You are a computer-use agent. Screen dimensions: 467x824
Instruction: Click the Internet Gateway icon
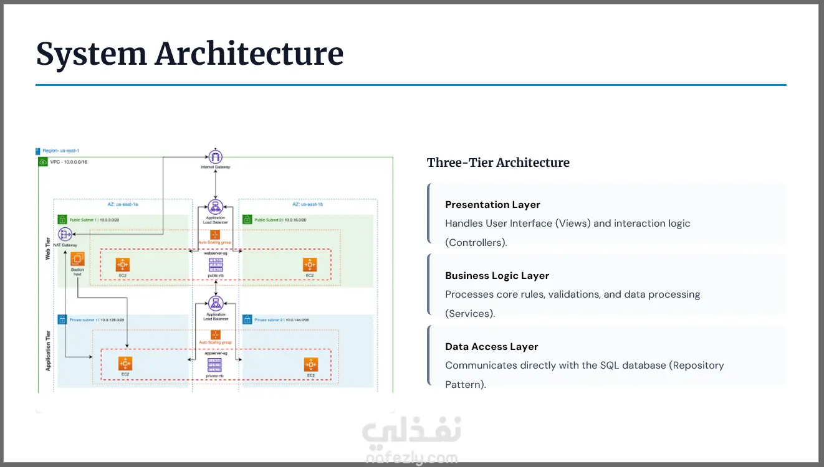(x=216, y=157)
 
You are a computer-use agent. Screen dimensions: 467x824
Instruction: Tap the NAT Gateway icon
(x=65, y=235)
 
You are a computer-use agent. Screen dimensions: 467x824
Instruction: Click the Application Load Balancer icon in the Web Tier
(x=216, y=208)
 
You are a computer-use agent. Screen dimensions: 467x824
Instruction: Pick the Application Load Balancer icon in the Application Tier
(x=216, y=304)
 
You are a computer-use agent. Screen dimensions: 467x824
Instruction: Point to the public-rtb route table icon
(x=216, y=265)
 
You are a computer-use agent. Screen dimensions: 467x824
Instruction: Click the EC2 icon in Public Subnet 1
(x=123, y=264)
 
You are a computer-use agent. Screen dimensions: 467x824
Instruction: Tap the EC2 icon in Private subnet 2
(x=310, y=364)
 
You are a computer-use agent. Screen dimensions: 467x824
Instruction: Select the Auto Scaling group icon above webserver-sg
(x=215, y=235)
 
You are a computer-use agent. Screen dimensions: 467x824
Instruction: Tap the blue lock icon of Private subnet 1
(x=62, y=319)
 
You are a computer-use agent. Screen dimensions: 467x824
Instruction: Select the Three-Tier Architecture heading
(x=498, y=163)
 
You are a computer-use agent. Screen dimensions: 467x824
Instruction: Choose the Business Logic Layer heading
(x=497, y=276)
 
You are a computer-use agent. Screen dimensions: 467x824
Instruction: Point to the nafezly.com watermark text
(x=412, y=459)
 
